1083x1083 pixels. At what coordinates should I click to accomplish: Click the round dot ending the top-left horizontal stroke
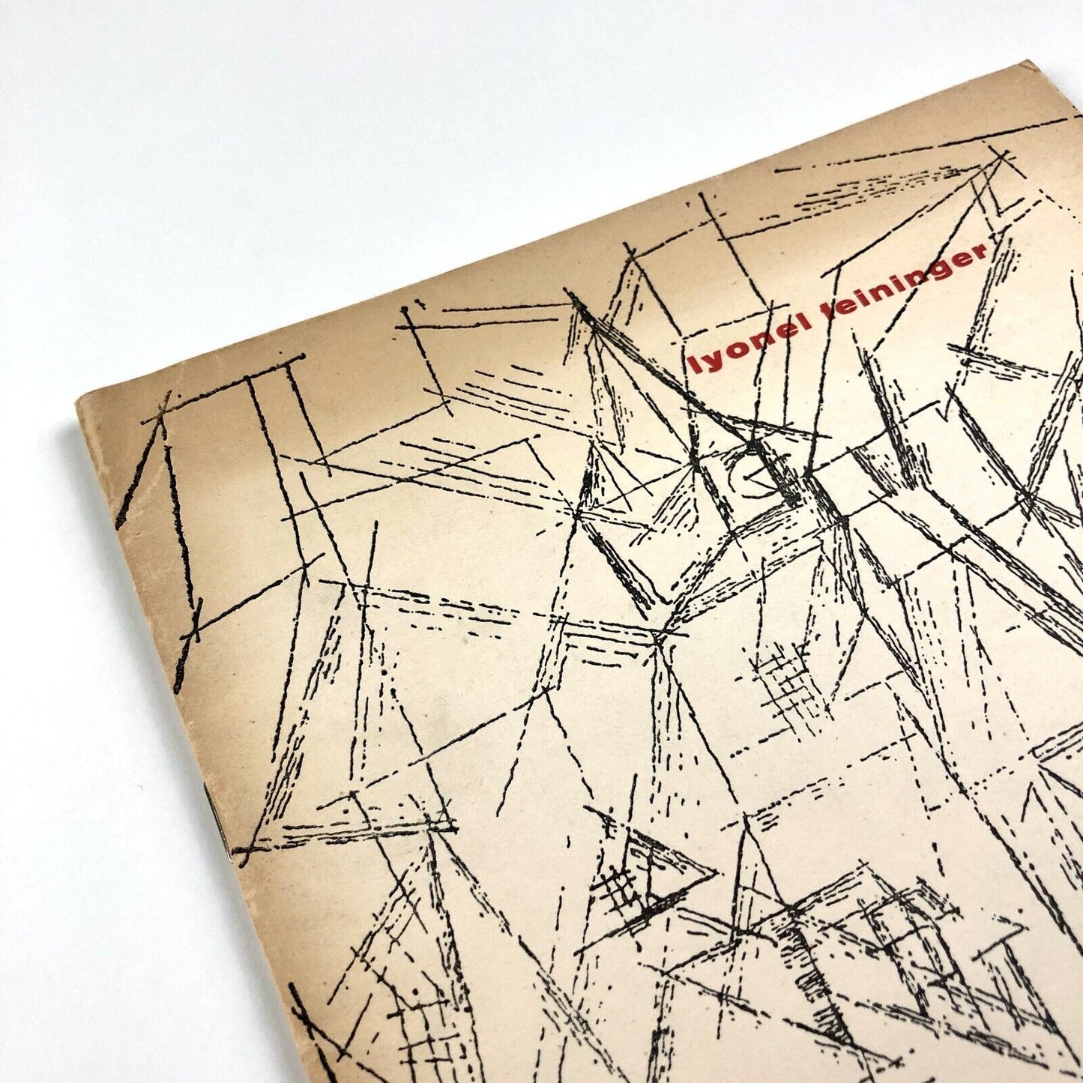point(302,354)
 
